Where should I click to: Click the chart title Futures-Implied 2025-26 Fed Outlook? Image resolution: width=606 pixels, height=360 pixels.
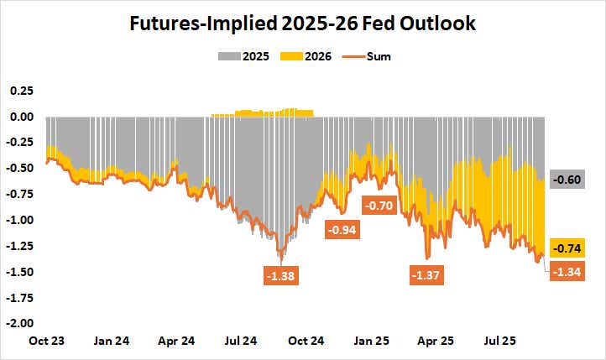click(x=302, y=23)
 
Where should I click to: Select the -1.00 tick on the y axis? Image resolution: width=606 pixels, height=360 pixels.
click(x=19, y=220)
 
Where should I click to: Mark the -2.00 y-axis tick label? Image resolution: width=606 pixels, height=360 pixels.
click(x=19, y=323)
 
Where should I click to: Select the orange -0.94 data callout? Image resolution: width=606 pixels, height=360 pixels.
click(x=342, y=229)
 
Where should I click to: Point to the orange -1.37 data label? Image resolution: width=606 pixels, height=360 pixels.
click(x=427, y=274)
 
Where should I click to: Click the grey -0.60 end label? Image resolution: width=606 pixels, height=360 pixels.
click(x=567, y=180)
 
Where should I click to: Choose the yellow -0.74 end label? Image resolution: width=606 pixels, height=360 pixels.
click(x=567, y=248)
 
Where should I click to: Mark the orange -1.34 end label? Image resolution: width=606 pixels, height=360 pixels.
click(x=567, y=271)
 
